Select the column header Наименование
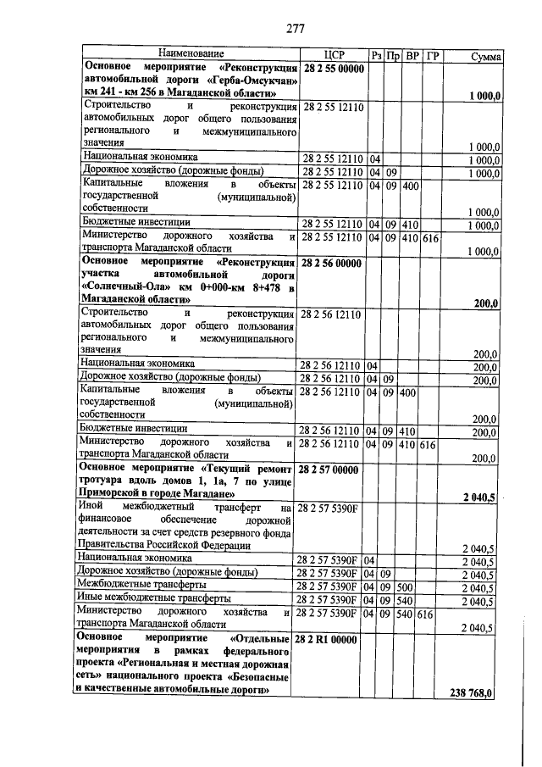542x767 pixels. coord(190,54)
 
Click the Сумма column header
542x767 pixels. coord(485,55)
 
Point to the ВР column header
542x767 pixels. coord(412,54)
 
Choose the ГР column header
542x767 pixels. coord(433,54)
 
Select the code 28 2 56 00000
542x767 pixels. coord(334,264)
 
